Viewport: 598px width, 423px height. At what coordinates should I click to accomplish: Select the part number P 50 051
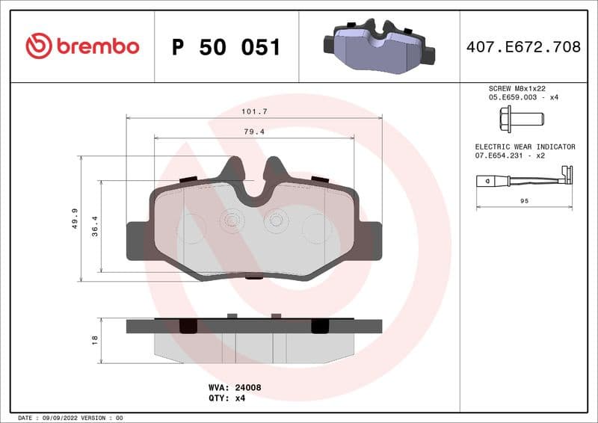(x=226, y=47)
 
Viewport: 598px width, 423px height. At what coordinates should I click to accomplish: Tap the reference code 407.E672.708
(x=523, y=47)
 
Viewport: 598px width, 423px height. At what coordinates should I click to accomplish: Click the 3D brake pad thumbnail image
(x=378, y=46)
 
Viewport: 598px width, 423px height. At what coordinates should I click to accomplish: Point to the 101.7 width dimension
(x=254, y=111)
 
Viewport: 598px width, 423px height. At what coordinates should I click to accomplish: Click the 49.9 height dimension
(x=75, y=218)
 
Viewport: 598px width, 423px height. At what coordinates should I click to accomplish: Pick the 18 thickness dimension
(x=95, y=339)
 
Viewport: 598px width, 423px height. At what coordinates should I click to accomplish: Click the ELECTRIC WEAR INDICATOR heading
(x=525, y=147)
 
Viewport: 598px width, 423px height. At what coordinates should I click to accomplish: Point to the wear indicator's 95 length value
(x=524, y=201)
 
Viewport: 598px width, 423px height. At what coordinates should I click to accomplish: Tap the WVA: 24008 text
(x=234, y=388)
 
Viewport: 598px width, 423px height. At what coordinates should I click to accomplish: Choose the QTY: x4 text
(x=226, y=398)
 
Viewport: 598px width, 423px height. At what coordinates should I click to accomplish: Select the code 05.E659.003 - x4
(x=523, y=97)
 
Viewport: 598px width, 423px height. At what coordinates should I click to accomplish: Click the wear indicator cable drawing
(x=524, y=179)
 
